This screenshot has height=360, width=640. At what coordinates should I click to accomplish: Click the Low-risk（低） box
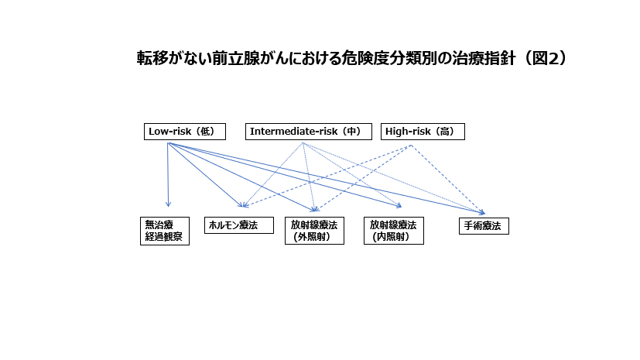click(185, 132)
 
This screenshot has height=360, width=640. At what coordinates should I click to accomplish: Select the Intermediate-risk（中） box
click(309, 132)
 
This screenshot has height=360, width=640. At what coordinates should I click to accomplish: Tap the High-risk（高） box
click(423, 132)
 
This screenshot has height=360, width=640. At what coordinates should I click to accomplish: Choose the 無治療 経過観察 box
click(165, 231)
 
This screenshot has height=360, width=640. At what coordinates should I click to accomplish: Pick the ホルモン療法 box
click(239, 225)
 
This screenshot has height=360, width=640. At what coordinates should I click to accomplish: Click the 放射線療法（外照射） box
click(315, 231)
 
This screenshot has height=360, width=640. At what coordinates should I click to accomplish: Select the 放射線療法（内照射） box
click(394, 231)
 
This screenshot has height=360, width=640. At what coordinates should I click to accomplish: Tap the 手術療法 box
click(484, 226)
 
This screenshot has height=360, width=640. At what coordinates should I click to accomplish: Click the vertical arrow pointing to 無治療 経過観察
click(168, 175)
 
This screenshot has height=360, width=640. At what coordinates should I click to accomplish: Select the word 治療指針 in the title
click(484, 58)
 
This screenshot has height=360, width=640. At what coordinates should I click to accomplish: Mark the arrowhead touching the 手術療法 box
click(482, 212)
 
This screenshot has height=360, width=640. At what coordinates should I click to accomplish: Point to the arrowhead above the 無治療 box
click(168, 204)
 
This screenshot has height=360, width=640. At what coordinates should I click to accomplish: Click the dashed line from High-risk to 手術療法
click(448, 179)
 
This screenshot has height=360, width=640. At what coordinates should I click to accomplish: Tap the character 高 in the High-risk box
click(444, 132)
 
